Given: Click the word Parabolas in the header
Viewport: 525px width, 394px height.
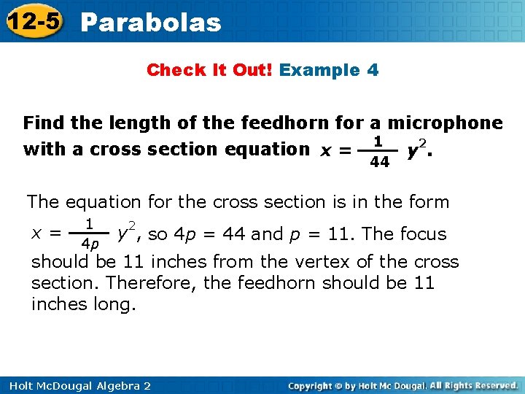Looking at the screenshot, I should [x=151, y=23].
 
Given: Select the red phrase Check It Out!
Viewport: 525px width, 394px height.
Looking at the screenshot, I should [x=210, y=70].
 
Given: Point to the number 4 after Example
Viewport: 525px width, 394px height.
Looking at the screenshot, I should [x=373, y=70].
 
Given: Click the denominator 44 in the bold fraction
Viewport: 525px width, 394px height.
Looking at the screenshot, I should [x=379, y=162].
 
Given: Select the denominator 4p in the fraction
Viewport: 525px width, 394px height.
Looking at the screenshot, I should [x=89, y=243].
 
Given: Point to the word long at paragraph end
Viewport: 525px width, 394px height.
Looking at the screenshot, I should [x=114, y=304].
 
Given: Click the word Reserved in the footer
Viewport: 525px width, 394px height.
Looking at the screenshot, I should [x=494, y=385].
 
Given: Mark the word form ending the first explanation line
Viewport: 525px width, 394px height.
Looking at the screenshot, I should [x=429, y=201].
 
